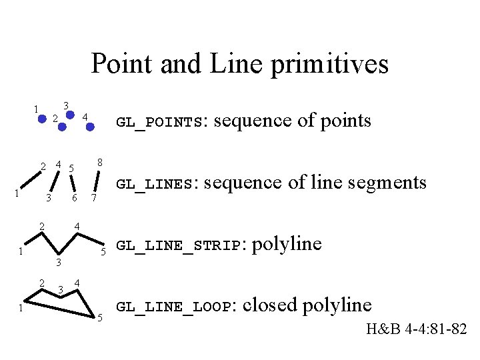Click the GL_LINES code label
point(155,184)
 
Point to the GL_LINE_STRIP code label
point(178,246)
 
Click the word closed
point(270,305)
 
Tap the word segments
point(385,182)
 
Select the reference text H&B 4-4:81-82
point(416,329)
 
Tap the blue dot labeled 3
point(69,113)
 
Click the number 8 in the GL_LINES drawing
point(99,162)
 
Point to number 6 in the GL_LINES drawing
point(75,199)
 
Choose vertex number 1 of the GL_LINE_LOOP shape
point(22,309)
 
